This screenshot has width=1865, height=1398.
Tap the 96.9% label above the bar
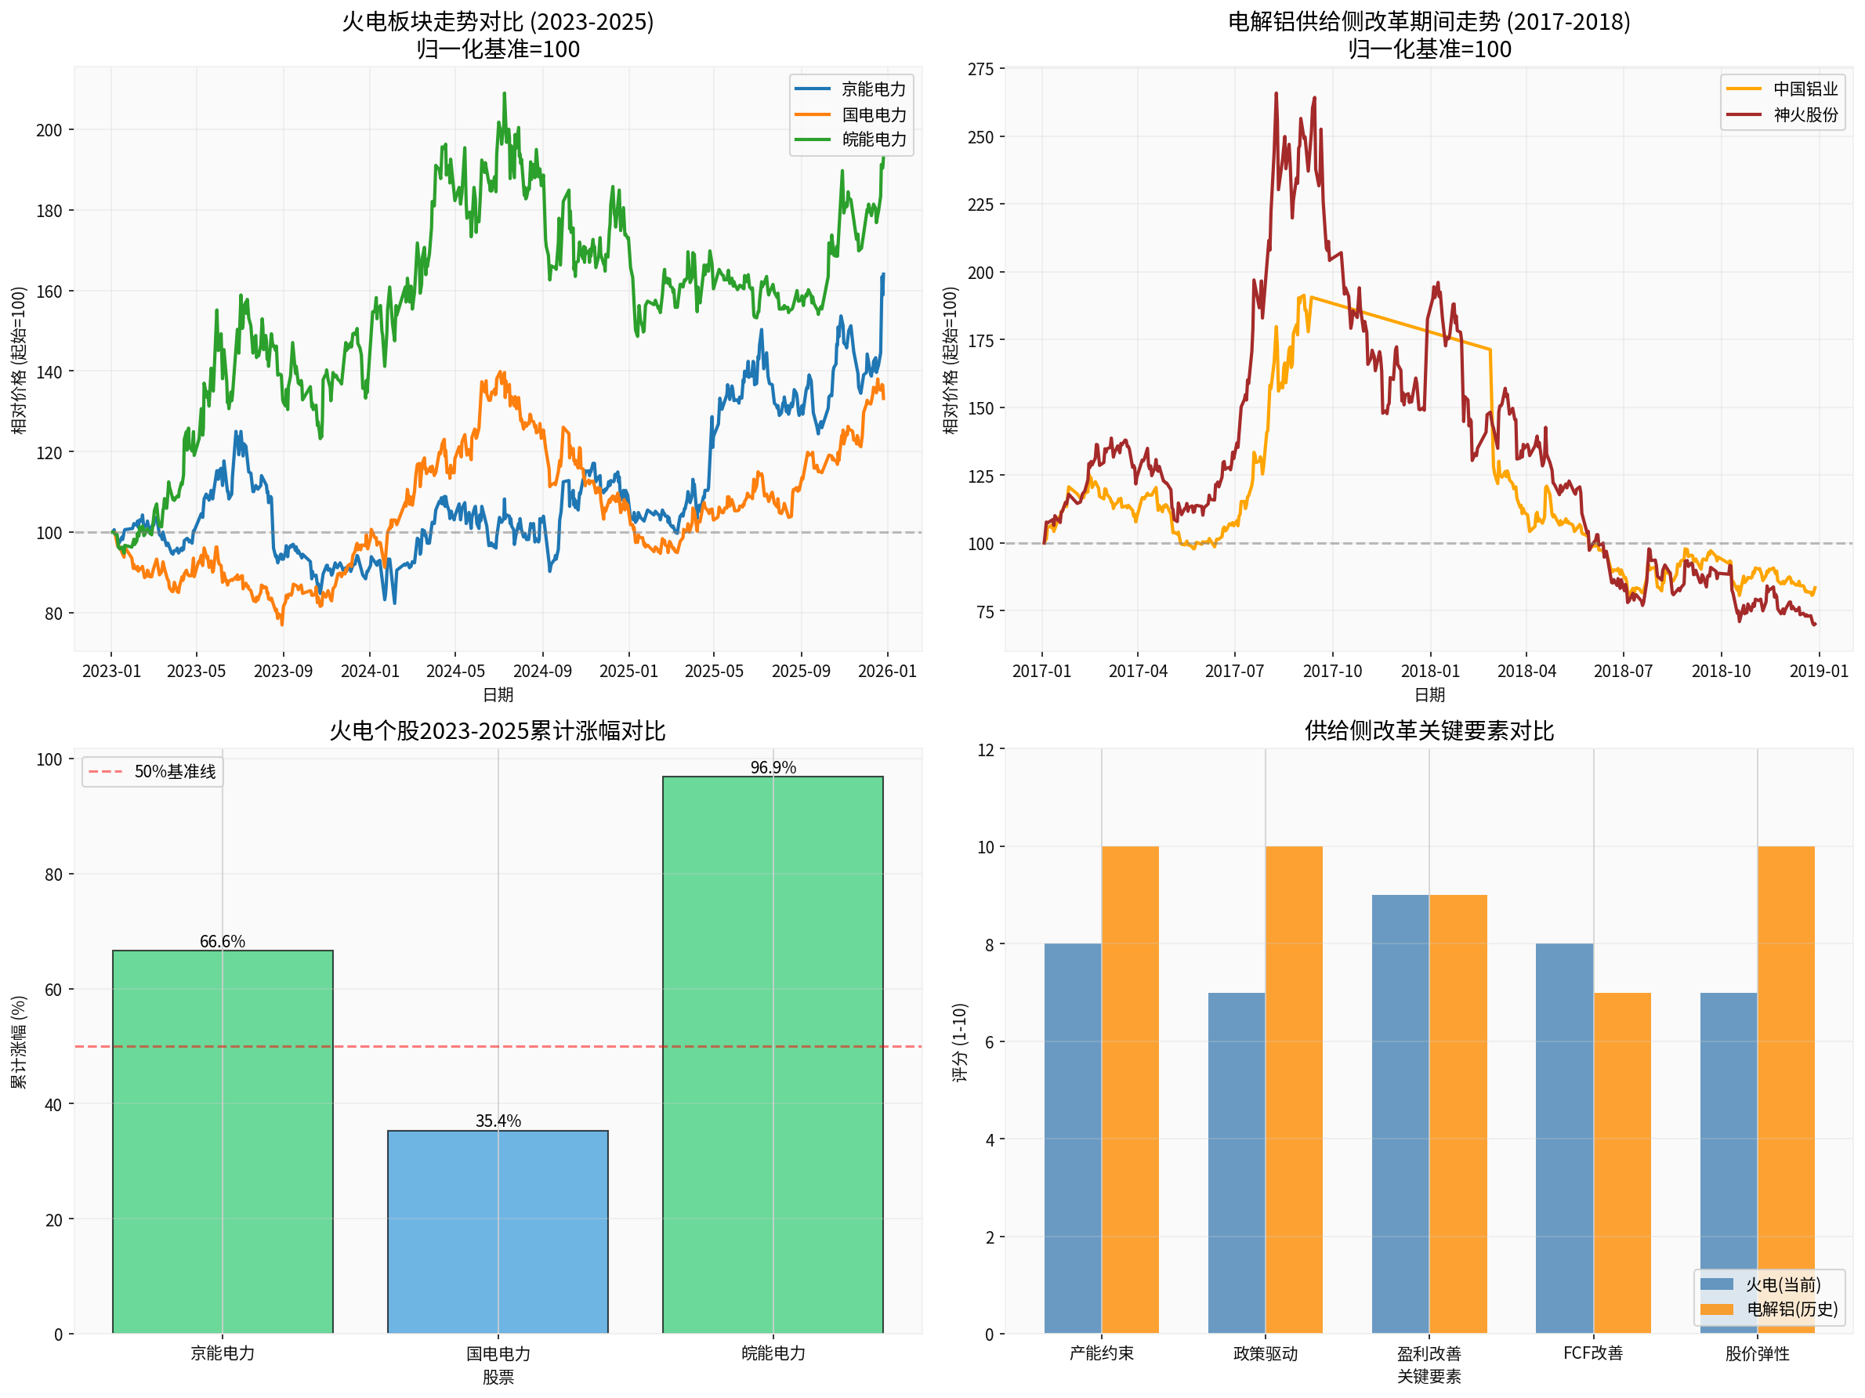point(773,767)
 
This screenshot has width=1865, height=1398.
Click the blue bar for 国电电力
point(498,1231)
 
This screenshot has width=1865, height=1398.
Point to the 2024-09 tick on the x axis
point(542,671)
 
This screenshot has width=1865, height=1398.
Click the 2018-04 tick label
point(1526,671)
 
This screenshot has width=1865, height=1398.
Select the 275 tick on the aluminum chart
point(980,69)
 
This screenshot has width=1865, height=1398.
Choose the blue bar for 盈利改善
point(1400,1114)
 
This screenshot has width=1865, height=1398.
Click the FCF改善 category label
point(1592,1353)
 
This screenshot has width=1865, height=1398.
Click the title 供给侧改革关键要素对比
point(1429,730)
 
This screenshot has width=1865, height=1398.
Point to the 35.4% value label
point(498,1121)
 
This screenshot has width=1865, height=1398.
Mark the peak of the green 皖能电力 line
point(504,93)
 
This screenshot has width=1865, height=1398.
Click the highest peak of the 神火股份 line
point(1276,93)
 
